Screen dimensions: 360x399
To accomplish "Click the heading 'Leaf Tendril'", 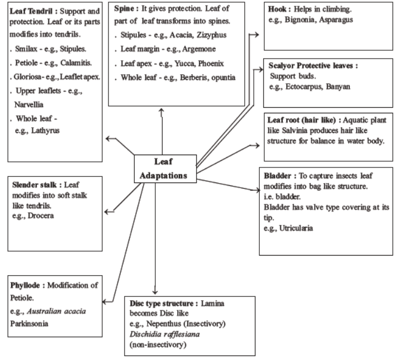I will click(32, 11).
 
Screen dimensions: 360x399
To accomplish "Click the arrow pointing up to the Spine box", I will click(161, 112).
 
